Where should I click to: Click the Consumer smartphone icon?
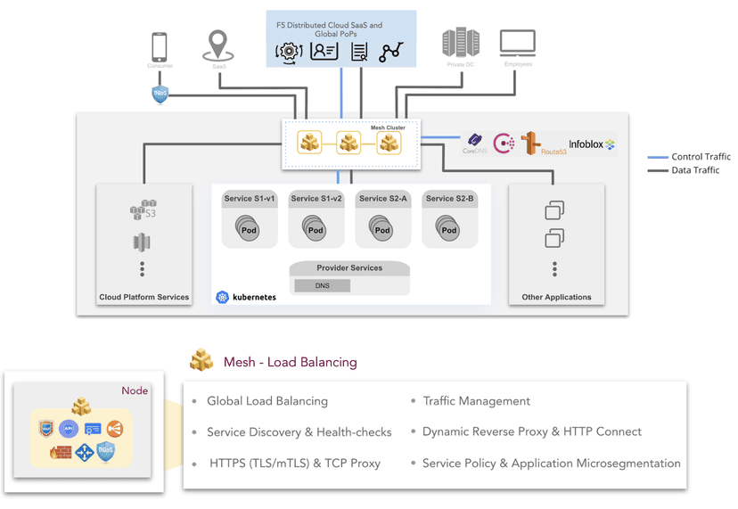[x=160, y=46]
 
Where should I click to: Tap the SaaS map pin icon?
[x=218, y=45]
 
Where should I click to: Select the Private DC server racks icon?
[x=461, y=43]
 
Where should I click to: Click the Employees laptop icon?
[x=518, y=43]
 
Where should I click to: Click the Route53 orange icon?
[x=531, y=142]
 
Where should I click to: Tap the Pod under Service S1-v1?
[x=248, y=229]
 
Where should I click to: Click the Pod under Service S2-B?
[x=448, y=229]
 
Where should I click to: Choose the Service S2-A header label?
[x=382, y=199]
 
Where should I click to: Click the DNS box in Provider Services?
[x=323, y=285]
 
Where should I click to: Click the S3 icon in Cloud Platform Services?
[x=143, y=210]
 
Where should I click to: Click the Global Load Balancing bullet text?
[x=267, y=401]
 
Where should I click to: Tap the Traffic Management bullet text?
[x=476, y=401]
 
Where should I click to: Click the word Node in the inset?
[x=135, y=390]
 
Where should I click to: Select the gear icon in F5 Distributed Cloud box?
[x=290, y=52]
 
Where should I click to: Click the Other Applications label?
[x=556, y=297]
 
